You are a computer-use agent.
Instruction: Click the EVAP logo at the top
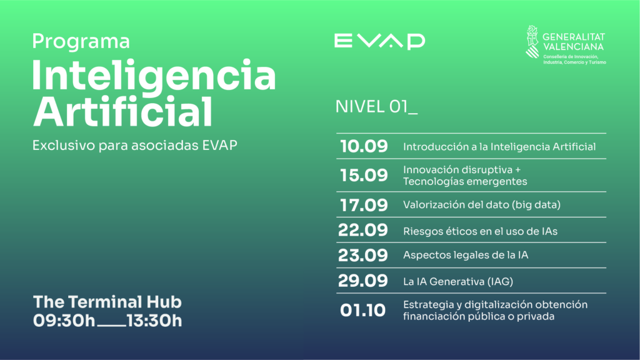[379, 41]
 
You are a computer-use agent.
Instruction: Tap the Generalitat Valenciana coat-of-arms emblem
[532, 42]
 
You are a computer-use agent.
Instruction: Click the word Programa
[81, 42]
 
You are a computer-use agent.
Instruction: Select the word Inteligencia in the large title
[154, 75]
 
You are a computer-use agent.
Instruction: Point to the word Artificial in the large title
[122, 111]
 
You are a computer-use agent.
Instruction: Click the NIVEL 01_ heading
[376, 107]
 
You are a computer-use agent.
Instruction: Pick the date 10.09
[364, 146]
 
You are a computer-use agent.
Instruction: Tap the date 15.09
[364, 175]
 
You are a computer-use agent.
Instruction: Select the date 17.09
[364, 205]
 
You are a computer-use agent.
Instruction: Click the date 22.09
[363, 230]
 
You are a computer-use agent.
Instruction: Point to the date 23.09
[363, 256]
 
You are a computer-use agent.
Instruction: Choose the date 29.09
[363, 281]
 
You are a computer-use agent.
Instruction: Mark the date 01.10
[362, 310]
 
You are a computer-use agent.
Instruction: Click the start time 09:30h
[64, 321]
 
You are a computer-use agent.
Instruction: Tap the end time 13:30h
[154, 321]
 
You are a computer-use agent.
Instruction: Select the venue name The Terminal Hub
[107, 302]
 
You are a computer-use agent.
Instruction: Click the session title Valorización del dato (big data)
[482, 204]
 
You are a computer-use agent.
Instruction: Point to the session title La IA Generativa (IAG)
[458, 281]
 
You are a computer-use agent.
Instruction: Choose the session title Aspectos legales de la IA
[466, 255]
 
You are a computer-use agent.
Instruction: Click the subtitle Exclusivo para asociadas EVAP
[135, 145]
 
